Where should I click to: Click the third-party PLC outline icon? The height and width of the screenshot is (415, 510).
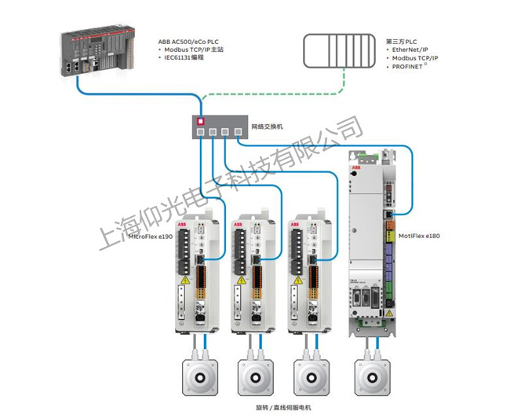[x=337, y=52]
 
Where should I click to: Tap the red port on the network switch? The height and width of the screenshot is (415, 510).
[x=201, y=122]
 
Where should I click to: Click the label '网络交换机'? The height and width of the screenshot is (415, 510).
[x=266, y=126]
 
